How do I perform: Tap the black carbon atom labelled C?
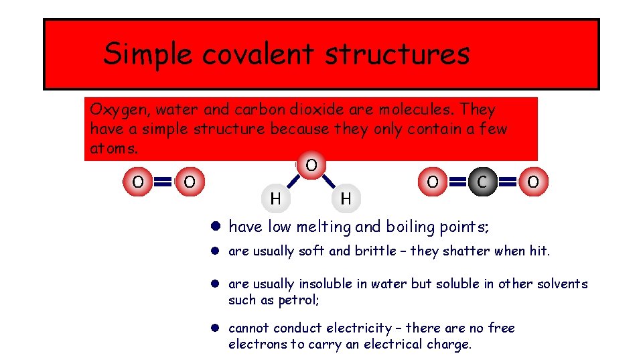click(482, 181)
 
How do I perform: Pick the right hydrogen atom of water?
click(346, 198)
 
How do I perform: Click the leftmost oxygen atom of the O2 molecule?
click(137, 181)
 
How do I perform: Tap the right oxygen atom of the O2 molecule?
click(190, 181)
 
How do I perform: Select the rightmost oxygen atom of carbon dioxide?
click(533, 181)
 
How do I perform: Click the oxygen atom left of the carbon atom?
click(432, 181)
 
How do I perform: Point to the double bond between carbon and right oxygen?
click(508, 181)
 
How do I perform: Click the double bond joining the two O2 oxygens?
click(163, 181)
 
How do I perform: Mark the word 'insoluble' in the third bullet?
click(328, 284)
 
